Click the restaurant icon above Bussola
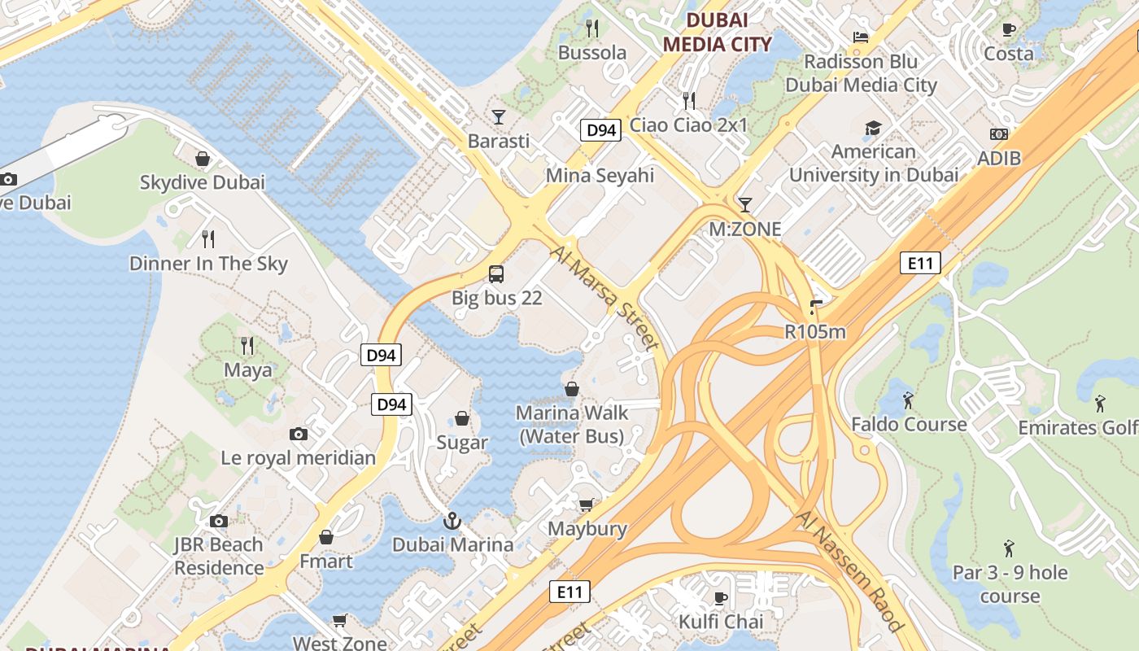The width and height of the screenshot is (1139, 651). point(592,28)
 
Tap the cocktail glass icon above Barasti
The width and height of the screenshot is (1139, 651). point(498,116)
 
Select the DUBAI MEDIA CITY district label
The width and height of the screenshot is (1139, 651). point(716,33)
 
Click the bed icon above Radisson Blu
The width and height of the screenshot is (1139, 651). point(860,37)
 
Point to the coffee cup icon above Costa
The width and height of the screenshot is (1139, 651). point(1009,29)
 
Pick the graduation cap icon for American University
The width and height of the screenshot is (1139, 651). point(873,128)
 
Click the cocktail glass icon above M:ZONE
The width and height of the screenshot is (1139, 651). point(744,204)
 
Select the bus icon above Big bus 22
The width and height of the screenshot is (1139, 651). point(496,273)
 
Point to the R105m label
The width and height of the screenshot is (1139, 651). point(814,331)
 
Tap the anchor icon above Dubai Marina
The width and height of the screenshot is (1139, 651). point(452,520)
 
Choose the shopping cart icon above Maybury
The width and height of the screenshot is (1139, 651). point(586,505)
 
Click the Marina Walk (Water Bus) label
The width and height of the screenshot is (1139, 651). point(572,425)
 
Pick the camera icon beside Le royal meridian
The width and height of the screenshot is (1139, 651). point(299,434)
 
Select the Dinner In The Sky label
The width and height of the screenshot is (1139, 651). point(208,264)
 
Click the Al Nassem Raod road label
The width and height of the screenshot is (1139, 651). point(849,571)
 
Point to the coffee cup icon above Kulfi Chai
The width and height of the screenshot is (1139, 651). point(720,598)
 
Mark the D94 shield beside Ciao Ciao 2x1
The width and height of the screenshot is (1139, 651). point(600,129)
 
